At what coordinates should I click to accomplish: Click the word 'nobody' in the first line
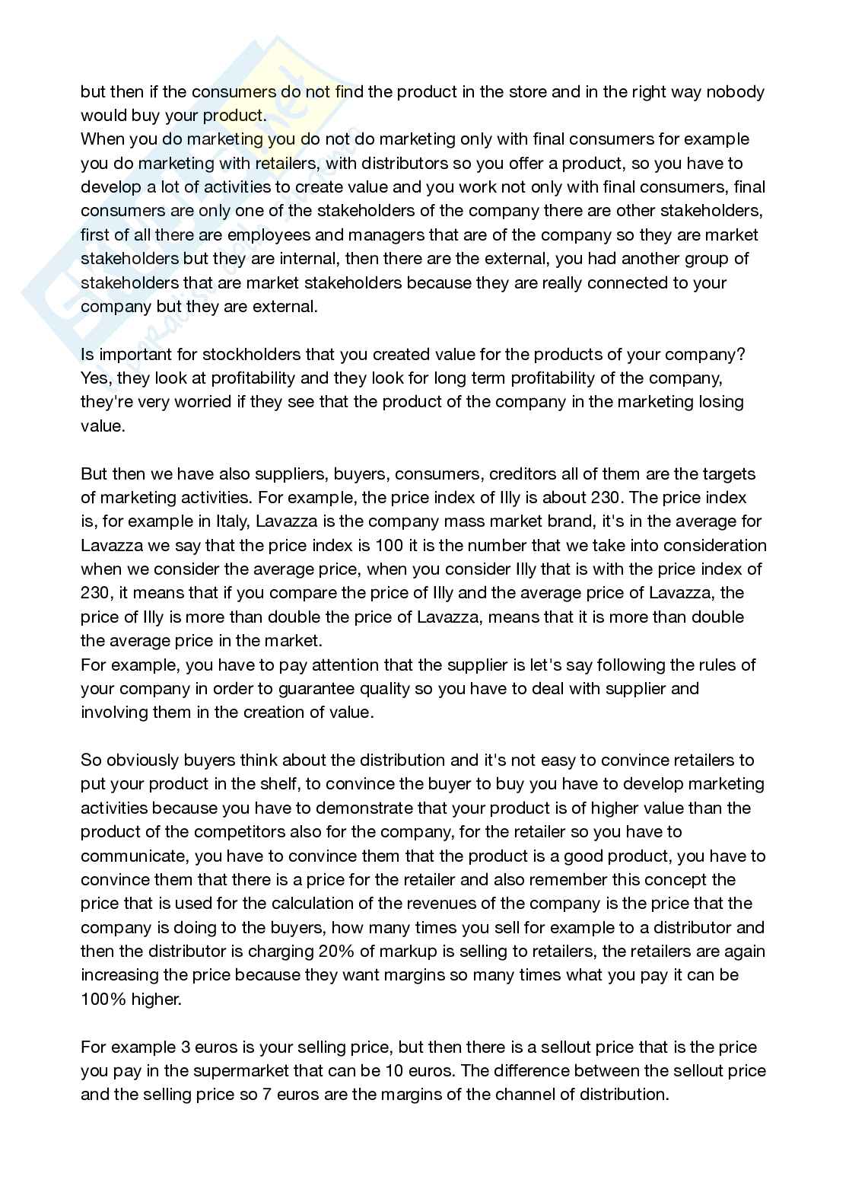(736, 92)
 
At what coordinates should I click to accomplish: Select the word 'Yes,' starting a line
(95, 378)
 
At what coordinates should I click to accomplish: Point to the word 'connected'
(612, 282)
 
